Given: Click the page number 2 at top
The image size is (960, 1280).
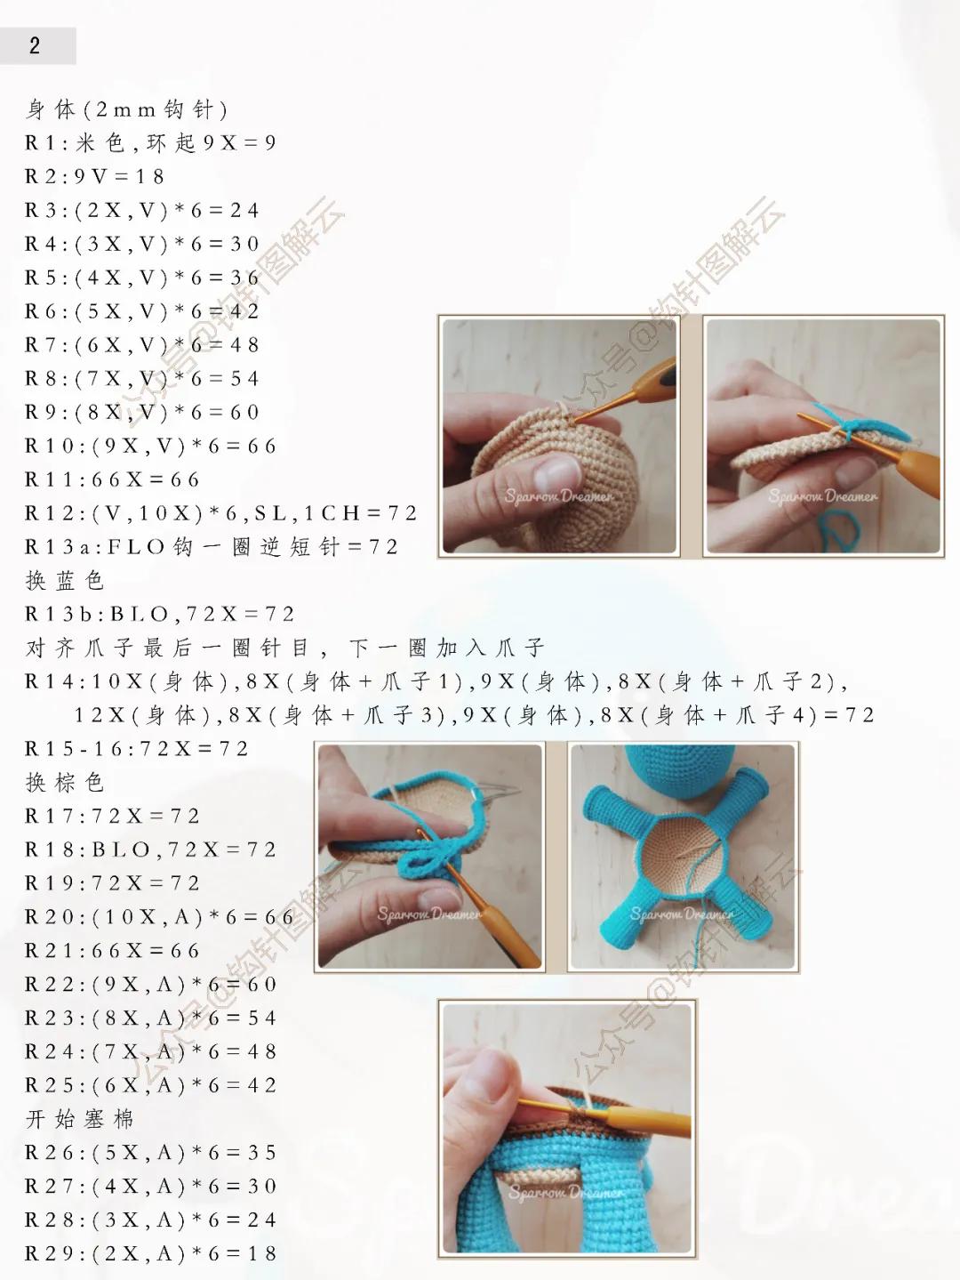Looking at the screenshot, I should point(35,46).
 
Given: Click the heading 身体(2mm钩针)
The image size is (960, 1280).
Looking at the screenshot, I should point(127,109).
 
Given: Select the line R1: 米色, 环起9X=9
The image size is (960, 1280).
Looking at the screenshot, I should point(150,143).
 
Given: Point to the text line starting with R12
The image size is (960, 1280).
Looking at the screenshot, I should point(220,514).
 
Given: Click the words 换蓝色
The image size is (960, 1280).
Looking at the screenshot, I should point(65,581).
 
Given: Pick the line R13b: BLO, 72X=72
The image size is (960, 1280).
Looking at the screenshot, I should point(159,615).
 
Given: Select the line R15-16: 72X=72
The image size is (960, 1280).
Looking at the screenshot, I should point(136,749).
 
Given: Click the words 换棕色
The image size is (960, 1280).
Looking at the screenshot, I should point(65,783).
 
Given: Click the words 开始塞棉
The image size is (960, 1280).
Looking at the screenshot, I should point(80,1119).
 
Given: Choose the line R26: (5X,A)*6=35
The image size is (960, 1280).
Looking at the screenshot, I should point(150,1153).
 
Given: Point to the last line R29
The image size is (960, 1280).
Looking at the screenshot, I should point(150,1254).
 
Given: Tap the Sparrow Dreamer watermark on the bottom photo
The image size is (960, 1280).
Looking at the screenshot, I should point(565,1192).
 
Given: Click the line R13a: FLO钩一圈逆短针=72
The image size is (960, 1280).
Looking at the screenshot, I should point(211,547).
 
